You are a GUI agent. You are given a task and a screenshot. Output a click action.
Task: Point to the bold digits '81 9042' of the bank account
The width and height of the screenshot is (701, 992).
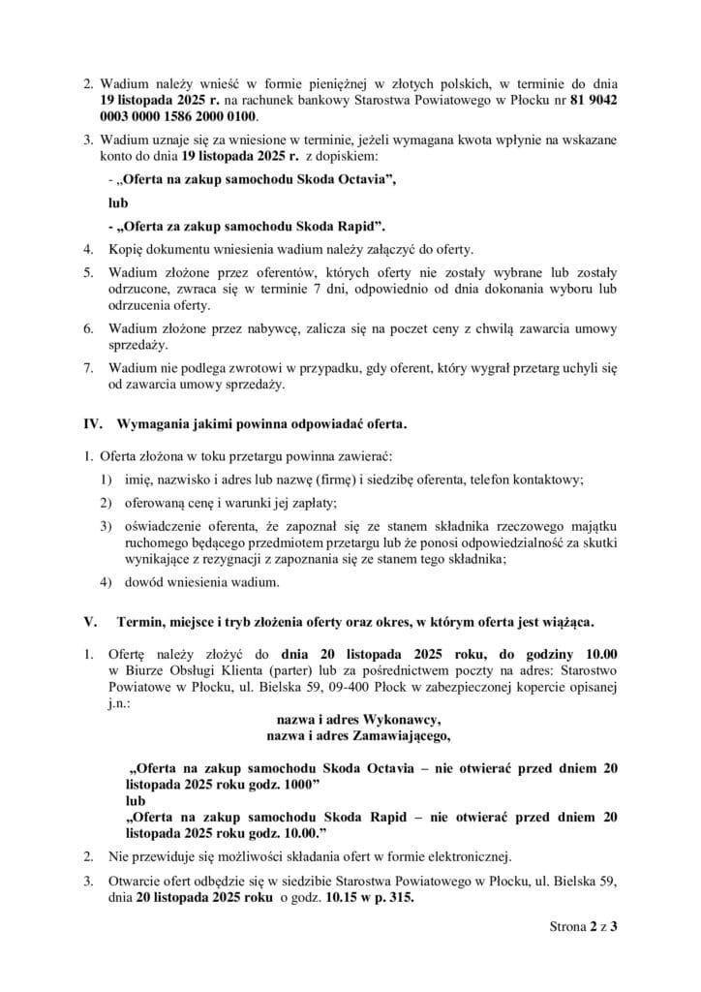[592, 99]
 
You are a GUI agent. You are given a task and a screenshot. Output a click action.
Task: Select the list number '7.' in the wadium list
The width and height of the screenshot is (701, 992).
[88, 368]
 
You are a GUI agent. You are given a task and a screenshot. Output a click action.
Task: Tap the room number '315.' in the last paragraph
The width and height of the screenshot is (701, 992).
[400, 896]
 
